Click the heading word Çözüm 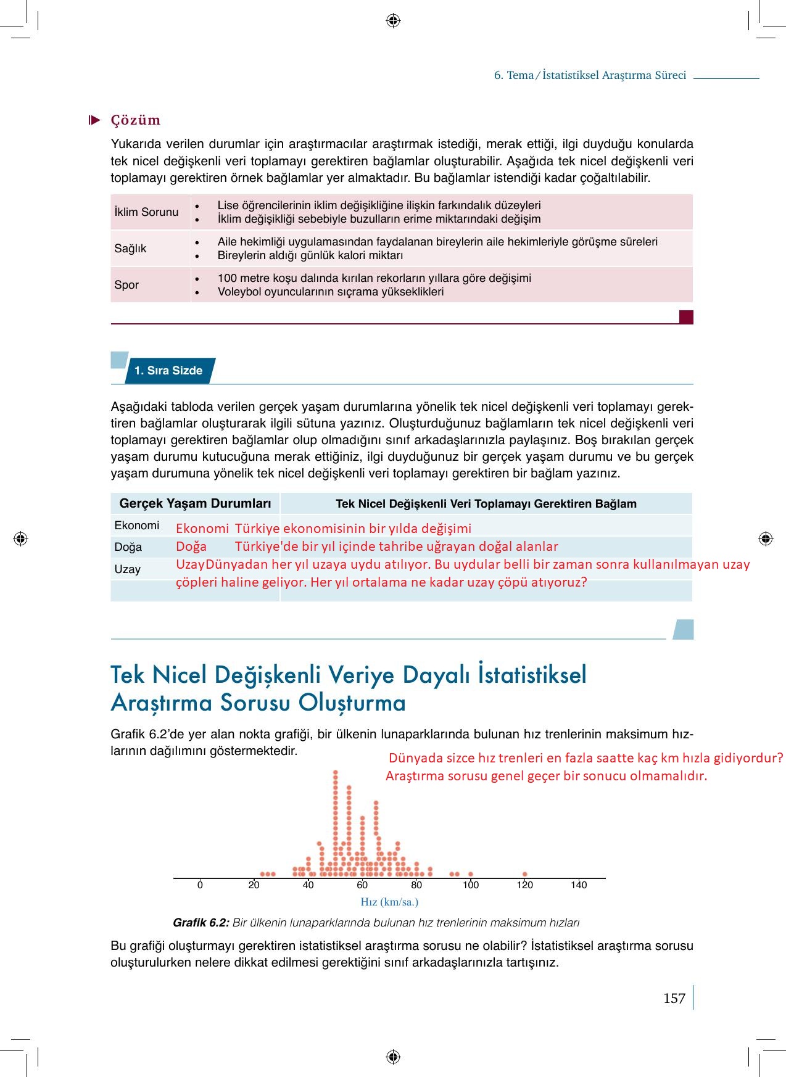[135, 120]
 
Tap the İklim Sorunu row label [146, 212]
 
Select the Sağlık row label [130, 249]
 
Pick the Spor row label [126, 285]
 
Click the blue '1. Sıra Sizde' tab [168, 371]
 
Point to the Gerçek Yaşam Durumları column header [195, 504]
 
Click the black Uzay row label [127, 569]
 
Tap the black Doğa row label [128, 547]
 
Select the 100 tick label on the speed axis [471, 885]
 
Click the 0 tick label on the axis [200, 885]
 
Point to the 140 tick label [579, 885]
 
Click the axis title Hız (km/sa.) [389, 902]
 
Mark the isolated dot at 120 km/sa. [524, 874]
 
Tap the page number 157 [674, 999]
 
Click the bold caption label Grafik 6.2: [201, 923]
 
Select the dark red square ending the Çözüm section [686, 317]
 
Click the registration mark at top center [393, 21]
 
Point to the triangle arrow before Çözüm [94, 120]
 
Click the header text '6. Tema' [514, 75]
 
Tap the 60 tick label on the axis [362, 885]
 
